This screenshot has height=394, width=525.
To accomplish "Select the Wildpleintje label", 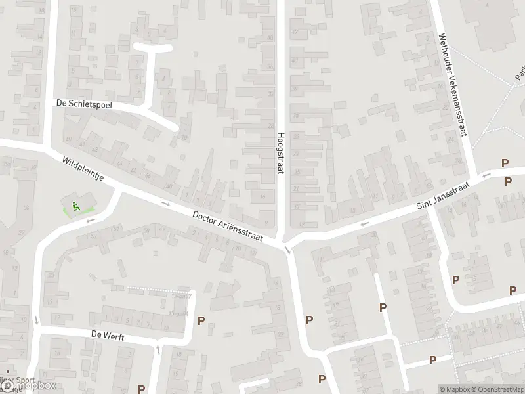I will tap(84, 171).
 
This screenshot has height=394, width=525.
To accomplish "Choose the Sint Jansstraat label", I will tap(444, 196).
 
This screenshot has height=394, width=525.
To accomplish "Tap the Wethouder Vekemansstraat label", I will tap(453, 85).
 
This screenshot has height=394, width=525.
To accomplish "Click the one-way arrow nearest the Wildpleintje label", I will tap(165, 204).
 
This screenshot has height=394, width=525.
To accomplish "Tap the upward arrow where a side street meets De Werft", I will tap(157, 348).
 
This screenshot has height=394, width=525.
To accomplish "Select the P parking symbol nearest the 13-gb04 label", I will tap(201, 321).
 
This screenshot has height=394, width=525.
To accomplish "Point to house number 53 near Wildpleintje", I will tap(94, 235).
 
